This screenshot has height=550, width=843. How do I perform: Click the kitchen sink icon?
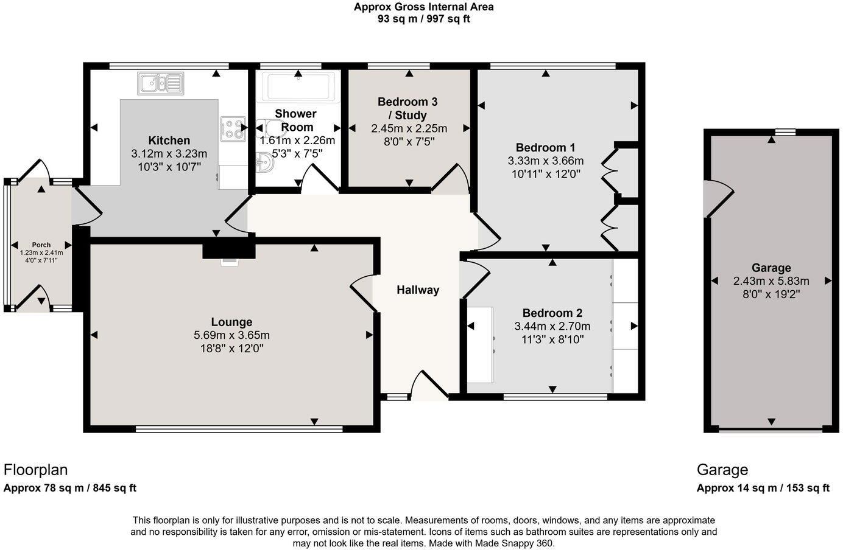(x=160, y=83)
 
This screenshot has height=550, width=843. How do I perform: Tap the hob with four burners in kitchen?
(x=231, y=129)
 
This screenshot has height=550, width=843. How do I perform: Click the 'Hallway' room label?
(x=418, y=290)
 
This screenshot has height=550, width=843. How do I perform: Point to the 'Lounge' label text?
(x=231, y=322)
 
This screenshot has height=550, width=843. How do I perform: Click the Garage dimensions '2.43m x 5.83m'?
(x=771, y=281)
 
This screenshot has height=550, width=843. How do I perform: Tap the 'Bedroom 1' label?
(x=545, y=147)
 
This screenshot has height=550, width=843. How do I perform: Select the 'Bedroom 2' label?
(x=552, y=313)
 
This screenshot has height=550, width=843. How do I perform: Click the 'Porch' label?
(x=41, y=245)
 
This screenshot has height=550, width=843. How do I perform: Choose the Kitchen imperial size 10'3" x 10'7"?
(x=169, y=167)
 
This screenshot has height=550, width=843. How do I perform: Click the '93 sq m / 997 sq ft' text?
(x=423, y=19)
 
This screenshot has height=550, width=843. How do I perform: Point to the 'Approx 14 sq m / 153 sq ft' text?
(x=763, y=488)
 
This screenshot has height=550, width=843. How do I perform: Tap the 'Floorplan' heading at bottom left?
(x=35, y=470)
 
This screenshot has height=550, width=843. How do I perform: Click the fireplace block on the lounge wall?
(x=229, y=249)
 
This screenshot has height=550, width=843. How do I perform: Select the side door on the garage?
(x=716, y=198)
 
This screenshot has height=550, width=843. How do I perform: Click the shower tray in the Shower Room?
(x=298, y=86)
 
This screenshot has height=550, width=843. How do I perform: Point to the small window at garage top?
(x=785, y=131)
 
